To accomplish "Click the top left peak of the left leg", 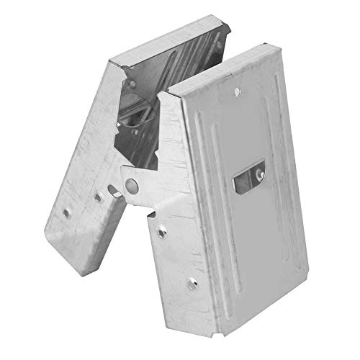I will coord(107,63).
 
